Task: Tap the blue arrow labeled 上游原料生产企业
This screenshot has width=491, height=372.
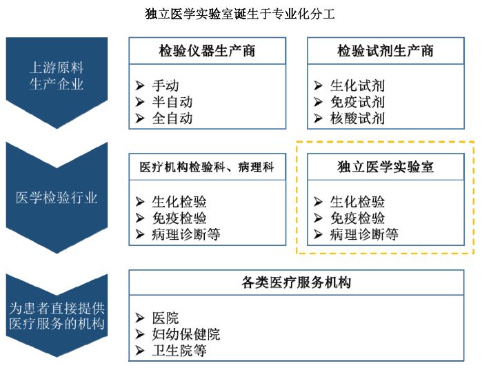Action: (x=57, y=76)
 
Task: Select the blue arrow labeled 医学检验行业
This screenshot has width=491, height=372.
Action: (x=57, y=198)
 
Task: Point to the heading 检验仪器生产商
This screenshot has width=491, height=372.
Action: (x=207, y=51)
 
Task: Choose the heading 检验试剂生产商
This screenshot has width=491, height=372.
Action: (x=385, y=51)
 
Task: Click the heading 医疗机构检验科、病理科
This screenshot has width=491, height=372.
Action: (x=207, y=167)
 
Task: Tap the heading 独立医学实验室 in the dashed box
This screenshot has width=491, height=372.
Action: (x=385, y=167)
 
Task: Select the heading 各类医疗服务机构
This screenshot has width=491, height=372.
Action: (x=297, y=283)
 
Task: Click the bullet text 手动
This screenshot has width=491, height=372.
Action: (x=166, y=86)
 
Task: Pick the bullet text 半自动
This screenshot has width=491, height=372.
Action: (x=172, y=102)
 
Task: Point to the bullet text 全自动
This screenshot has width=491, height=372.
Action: (x=172, y=118)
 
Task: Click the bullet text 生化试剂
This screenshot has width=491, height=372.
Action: (x=357, y=86)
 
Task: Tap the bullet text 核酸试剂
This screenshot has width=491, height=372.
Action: (x=357, y=118)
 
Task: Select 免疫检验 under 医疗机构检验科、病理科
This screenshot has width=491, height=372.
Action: (x=179, y=218)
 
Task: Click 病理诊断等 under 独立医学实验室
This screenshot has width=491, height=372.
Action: (x=364, y=234)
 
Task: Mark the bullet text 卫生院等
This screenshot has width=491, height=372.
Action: (x=179, y=351)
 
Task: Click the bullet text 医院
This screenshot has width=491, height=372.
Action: (x=166, y=318)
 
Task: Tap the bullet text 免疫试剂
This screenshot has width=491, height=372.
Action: (x=357, y=102)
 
